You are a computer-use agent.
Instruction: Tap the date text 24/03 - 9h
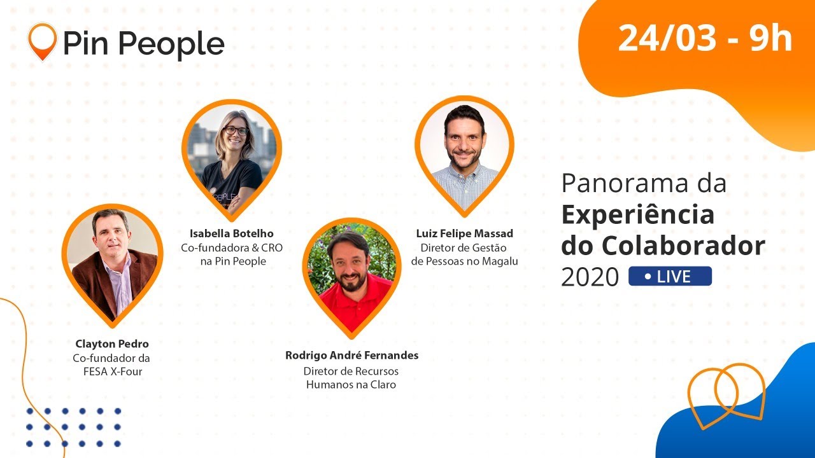click(705, 39)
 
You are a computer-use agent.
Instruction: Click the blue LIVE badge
click(670, 276)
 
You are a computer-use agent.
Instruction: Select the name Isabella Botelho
click(232, 233)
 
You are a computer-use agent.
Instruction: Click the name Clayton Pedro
click(112, 344)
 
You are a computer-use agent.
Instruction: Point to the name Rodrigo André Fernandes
click(351, 356)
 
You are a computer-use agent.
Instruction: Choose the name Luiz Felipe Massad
click(464, 233)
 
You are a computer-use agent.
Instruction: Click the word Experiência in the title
click(637, 215)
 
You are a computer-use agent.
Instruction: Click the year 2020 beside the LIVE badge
click(590, 277)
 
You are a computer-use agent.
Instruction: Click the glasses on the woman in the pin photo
click(237, 130)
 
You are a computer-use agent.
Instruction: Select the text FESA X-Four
click(113, 371)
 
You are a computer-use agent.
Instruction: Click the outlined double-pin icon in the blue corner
click(727, 393)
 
